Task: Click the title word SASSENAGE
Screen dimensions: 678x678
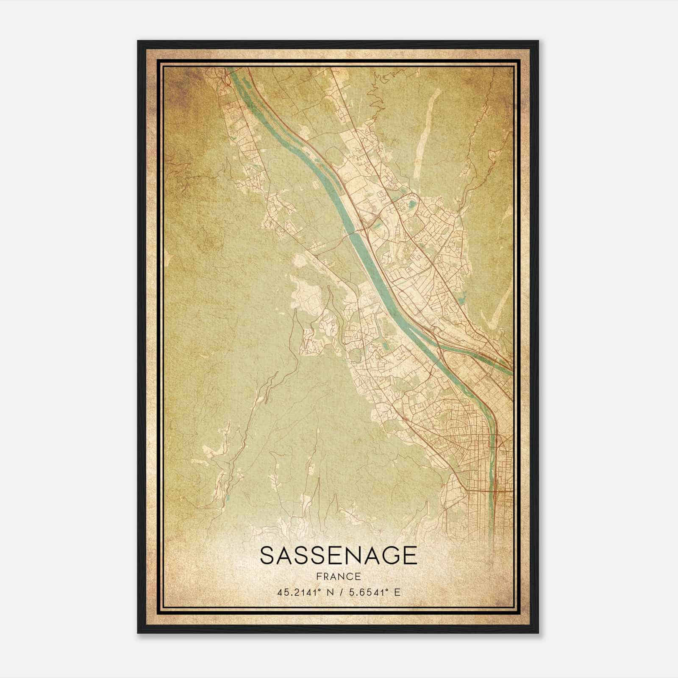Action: (338, 556)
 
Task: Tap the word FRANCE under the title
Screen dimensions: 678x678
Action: (338, 577)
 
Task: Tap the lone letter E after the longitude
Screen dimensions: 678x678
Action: (397, 592)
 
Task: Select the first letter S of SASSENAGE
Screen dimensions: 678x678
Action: (267, 556)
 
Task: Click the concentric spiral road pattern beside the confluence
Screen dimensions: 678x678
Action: (455, 361)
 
